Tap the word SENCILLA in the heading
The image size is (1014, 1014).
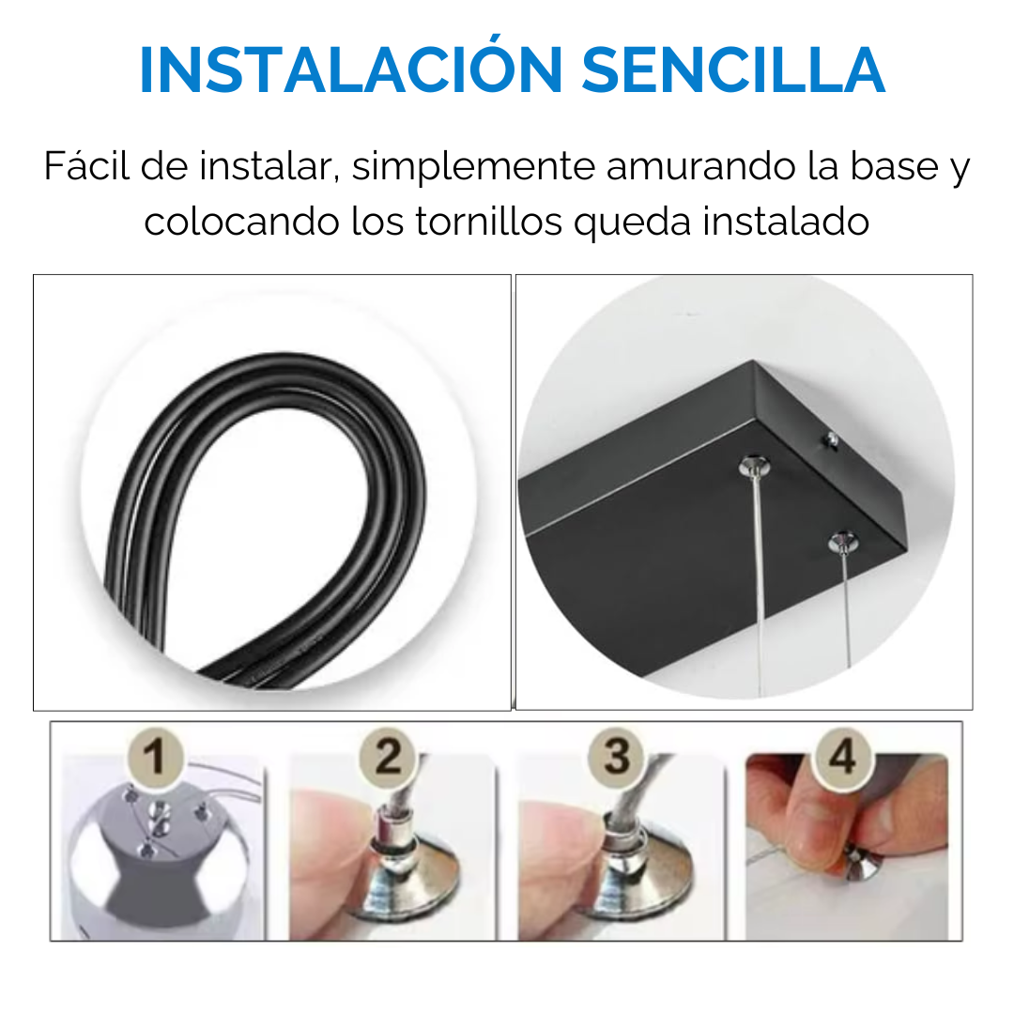pos(732,69)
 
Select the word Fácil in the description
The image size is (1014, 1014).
pos(87,165)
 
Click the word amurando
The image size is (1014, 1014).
pos(701,167)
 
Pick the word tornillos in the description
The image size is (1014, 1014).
pos(488,222)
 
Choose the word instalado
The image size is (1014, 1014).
pos(786,221)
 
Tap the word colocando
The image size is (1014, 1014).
pos(241,222)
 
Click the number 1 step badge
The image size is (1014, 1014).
pos(154,756)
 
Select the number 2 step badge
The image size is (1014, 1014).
pos(388,756)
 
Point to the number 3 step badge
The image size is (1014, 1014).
pos(617,756)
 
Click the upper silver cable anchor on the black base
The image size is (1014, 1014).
pos(754,465)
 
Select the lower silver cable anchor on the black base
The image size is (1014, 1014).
pos(843,542)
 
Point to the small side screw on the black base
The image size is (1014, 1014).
pos(831,441)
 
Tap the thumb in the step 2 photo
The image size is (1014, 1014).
pos(330,853)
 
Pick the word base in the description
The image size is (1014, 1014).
pos(895,165)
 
